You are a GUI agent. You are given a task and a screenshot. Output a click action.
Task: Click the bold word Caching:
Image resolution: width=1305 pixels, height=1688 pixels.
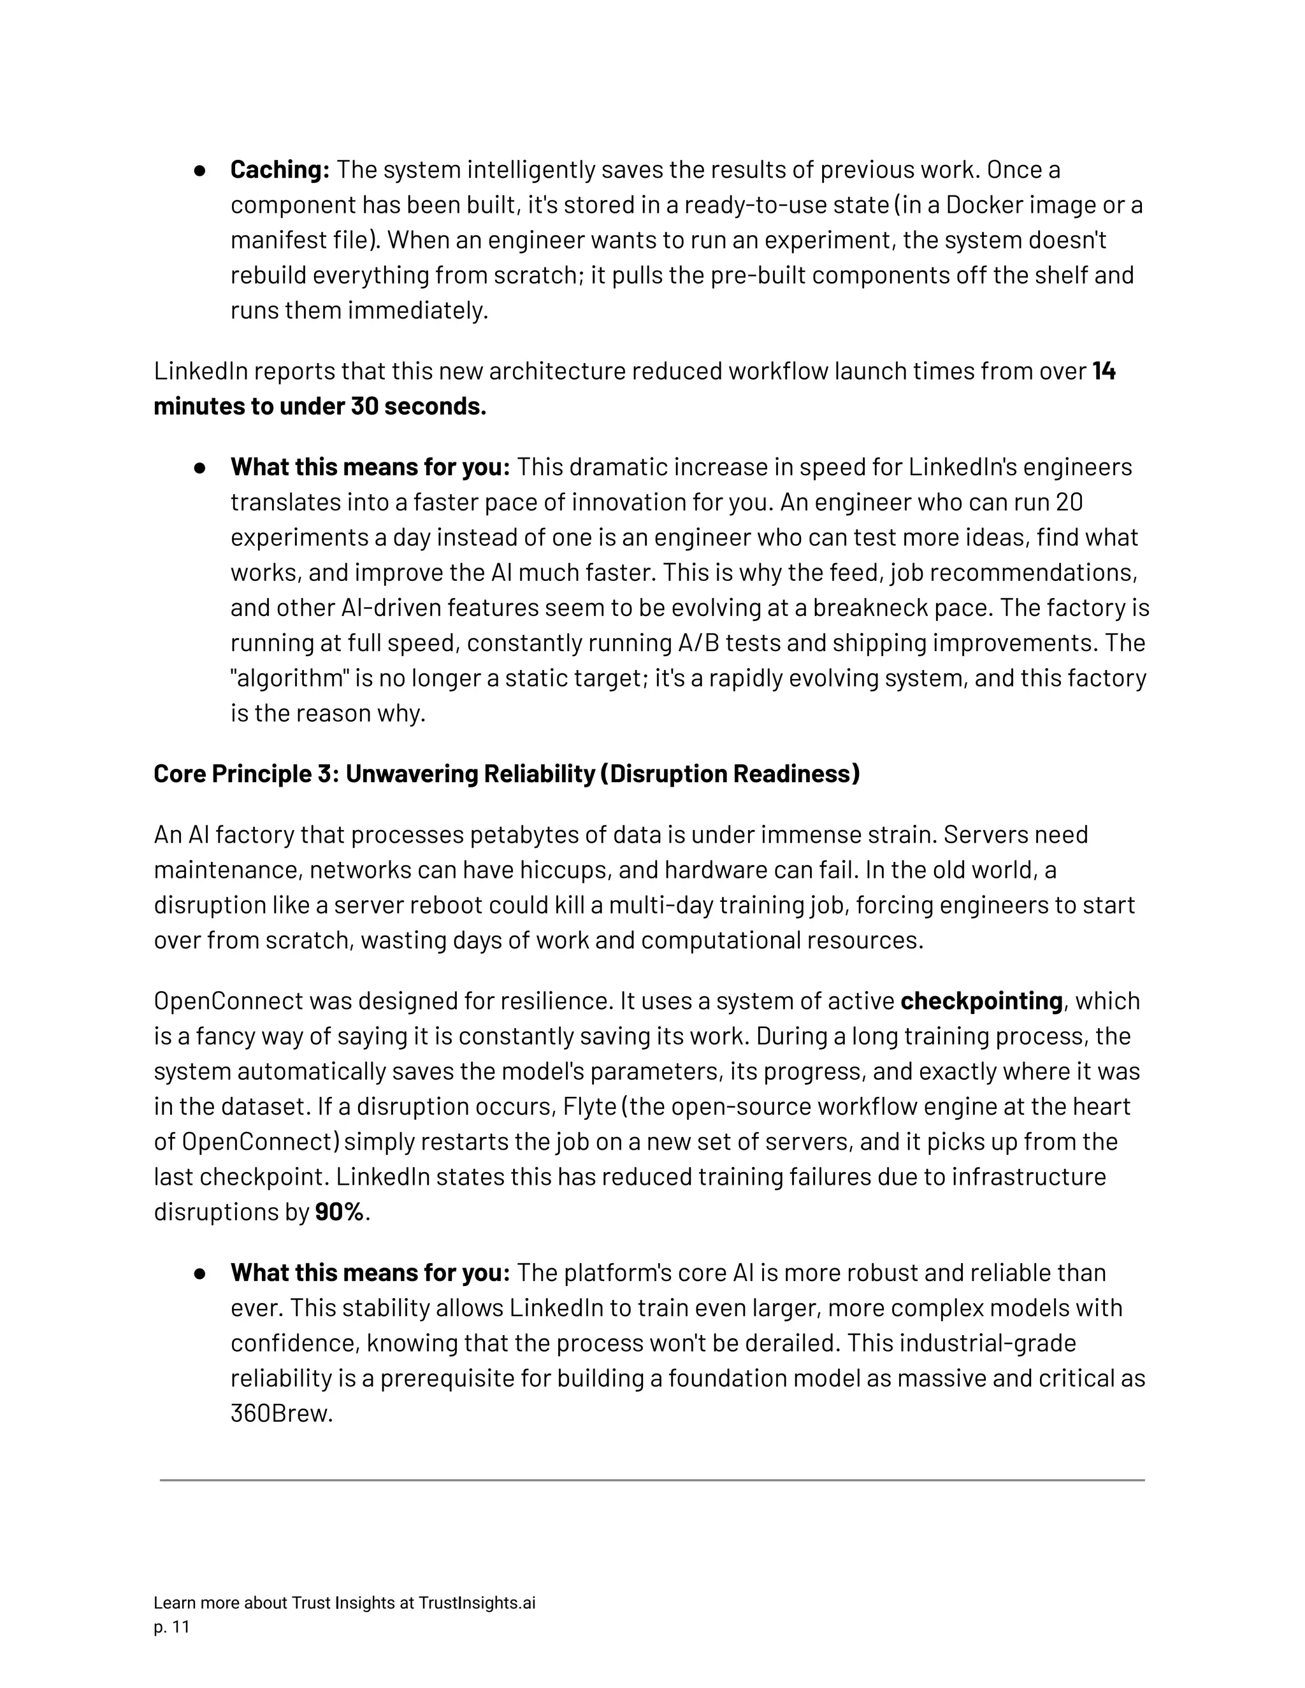tap(280, 169)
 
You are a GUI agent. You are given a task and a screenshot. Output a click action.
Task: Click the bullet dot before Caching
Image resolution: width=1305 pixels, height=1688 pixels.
tap(199, 170)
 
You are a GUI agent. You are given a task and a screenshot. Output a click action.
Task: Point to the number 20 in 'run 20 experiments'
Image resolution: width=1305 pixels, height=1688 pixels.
tap(1069, 503)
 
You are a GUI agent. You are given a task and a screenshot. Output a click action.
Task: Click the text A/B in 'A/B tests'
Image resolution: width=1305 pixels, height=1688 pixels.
tap(695, 643)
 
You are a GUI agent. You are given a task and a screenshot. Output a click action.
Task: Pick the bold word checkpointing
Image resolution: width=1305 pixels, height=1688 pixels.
tap(981, 1001)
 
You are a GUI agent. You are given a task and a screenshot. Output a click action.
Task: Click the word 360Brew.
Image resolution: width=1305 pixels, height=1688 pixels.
tap(282, 1413)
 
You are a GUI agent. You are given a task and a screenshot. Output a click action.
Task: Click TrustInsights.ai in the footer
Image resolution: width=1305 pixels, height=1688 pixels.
tap(476, 1603)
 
